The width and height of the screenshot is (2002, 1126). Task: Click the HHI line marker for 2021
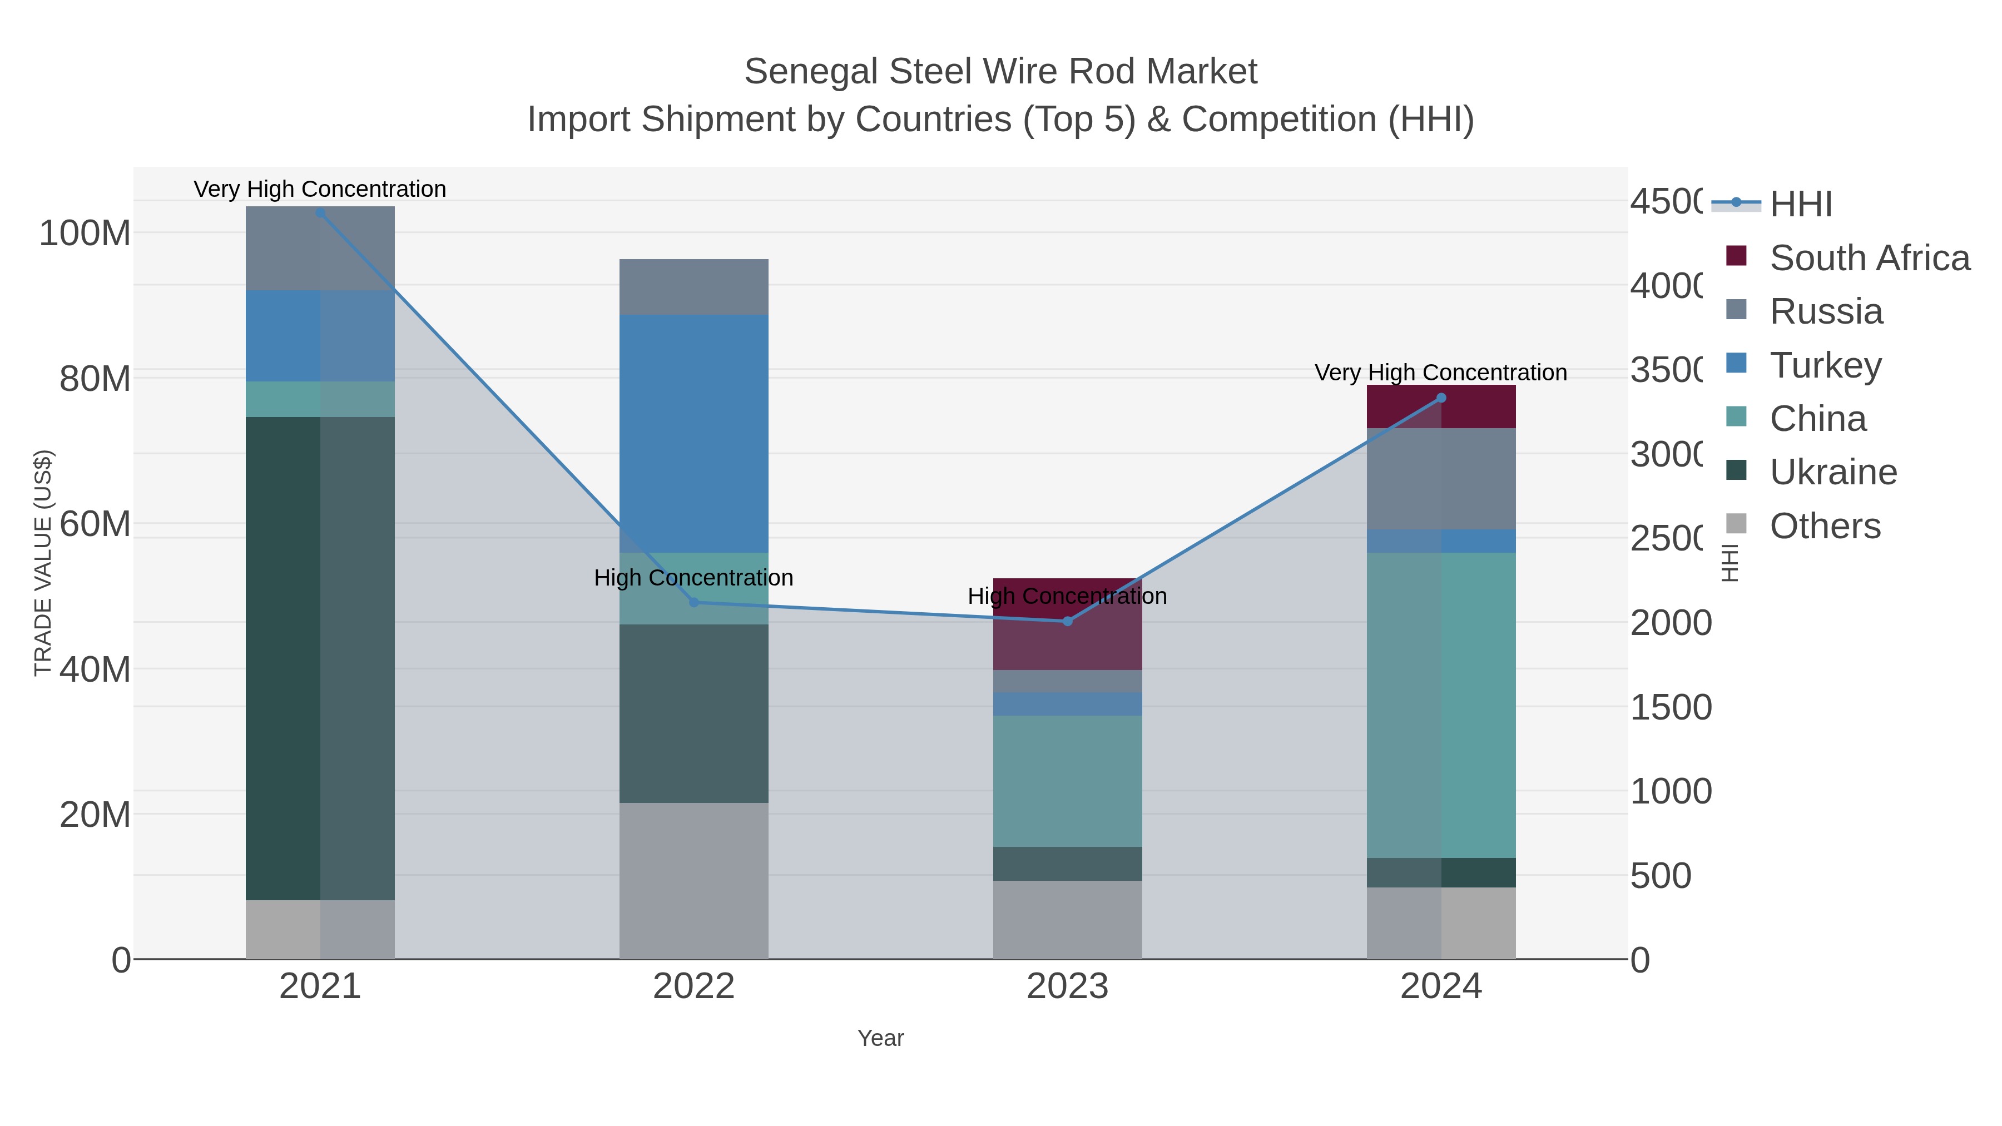[x=320, y=213]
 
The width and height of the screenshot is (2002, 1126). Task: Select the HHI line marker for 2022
[x=694, y=602]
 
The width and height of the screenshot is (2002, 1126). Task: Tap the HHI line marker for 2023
[x=1067, y=621]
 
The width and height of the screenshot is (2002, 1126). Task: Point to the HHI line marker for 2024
[x=1441, y=398]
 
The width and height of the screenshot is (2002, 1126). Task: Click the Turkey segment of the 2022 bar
[x=694, y=434]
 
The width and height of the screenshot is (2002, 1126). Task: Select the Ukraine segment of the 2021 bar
[x=320, y=658]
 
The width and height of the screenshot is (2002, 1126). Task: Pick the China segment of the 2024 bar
[x=1441, y=705]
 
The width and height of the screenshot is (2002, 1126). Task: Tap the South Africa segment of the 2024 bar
[x=1441, y=406]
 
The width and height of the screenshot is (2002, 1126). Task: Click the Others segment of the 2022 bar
[x=694, y=880]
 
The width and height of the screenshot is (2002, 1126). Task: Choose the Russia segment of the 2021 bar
[x=320, y=248]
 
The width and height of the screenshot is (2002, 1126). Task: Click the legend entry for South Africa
[x=1869, y=258]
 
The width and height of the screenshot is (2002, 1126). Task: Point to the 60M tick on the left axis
[x=95, y=524]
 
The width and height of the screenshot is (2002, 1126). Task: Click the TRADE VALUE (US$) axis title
[x=43, y=563]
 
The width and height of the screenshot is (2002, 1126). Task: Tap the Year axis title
[x=880, y=1038]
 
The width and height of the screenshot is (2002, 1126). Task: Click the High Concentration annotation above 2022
[x=693, y=578]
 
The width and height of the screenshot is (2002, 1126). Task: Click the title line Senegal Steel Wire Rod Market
[x=1000, y=72]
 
